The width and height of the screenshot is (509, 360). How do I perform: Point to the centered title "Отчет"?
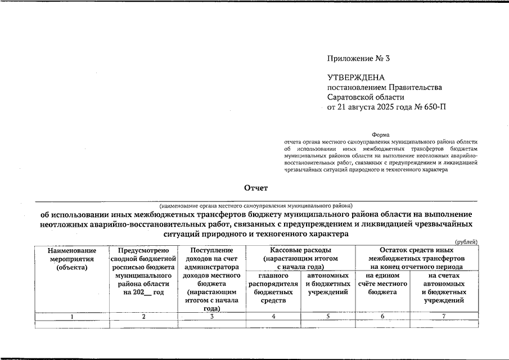256,188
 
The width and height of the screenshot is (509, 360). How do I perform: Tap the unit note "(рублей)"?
466,242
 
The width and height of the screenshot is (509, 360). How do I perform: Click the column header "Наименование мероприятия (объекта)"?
72,259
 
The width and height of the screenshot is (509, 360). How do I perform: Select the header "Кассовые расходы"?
300,250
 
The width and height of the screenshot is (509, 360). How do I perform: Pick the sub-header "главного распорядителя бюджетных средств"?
273,288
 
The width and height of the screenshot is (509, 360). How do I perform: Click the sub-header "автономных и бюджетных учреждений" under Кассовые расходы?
327,284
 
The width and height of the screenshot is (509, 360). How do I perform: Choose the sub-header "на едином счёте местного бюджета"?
382,284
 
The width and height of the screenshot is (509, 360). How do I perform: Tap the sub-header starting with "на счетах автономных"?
444,288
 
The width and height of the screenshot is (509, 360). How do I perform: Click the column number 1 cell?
72,317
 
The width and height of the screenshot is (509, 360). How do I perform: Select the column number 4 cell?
273,317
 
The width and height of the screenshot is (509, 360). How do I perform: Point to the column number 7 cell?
444,317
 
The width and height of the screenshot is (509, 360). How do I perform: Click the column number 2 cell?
143,317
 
